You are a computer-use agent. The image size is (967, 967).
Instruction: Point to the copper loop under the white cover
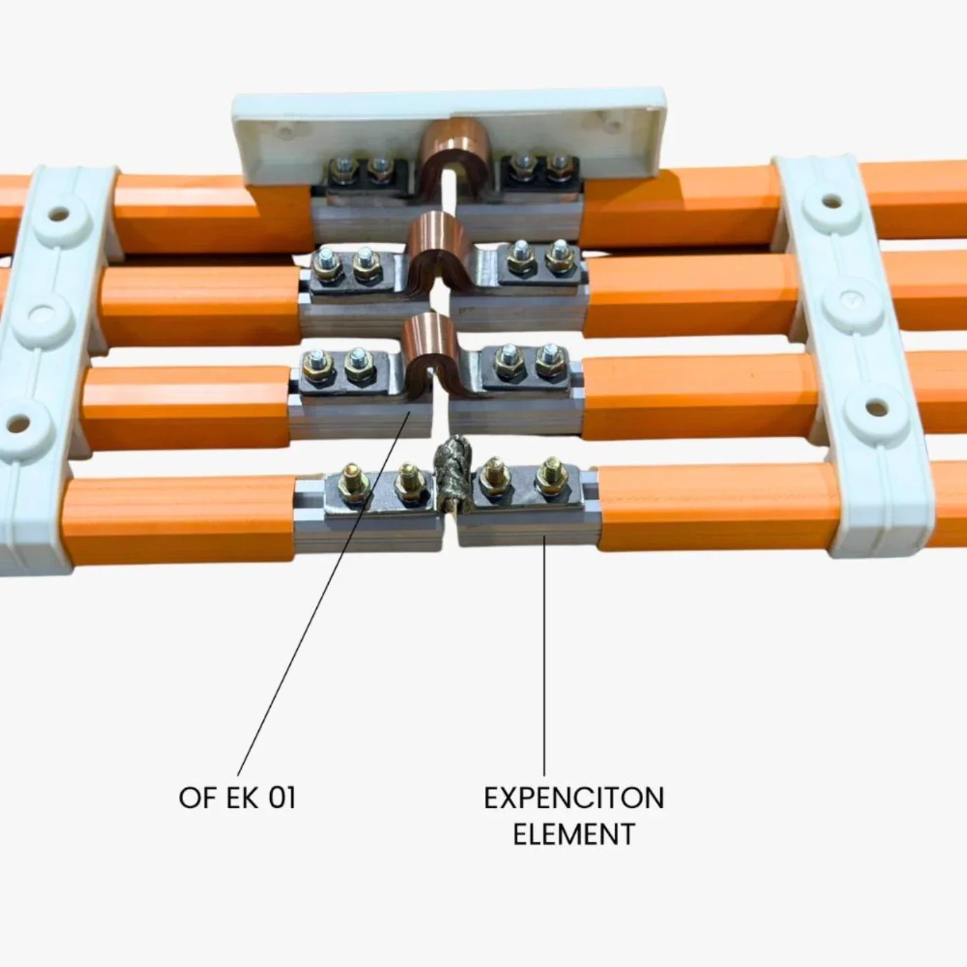tap(456, 151)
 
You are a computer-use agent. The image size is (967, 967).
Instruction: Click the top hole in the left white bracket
tap(59, 215)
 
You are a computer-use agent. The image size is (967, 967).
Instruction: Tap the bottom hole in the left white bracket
tap(19, 425)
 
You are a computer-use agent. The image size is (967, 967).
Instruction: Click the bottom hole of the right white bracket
tap(877, 409)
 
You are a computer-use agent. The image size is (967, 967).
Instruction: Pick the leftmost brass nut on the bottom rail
tap(353, 485)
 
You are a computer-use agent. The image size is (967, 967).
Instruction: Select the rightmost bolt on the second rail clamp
tap(559, 256)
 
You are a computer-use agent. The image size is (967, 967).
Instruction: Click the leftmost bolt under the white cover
tap(345, 169)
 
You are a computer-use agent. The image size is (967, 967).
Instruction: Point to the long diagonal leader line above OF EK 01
tap(324, 593)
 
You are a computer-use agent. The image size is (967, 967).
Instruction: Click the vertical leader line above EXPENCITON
tap(544, 655)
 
